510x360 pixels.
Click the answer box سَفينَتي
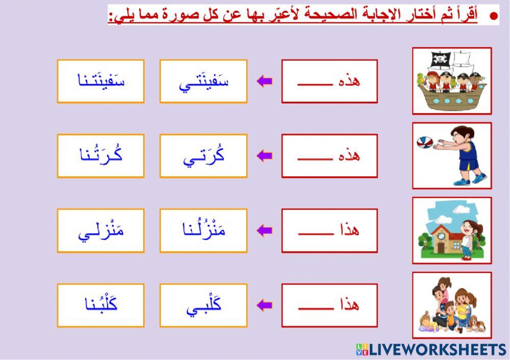[x=203, y=81]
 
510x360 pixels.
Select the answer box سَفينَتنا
[x=100, y=81]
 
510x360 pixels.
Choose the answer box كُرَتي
[x=203, y=156]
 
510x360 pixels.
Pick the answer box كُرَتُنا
[x=100, y=156]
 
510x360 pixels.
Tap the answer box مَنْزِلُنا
[x=203, y=230]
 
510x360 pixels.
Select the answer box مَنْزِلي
[x=100, y=230]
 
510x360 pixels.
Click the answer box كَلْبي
[x=203, y=305]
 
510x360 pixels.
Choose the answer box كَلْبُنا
[x=100, y=305]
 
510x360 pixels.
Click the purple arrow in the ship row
[x=264, y=81]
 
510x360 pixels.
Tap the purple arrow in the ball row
[x=264, y=156]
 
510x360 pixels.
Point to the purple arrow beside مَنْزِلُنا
[x=264, y=230]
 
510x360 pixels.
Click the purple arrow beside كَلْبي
[x=264, y=305]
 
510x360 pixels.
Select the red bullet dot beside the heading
[x=493, y=16]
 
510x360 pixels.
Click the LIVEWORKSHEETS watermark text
[x=437, y=349]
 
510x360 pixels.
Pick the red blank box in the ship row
[x=329, y=81]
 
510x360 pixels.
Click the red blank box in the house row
[x=329, y=230]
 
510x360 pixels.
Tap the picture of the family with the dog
[x=452, y=305]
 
